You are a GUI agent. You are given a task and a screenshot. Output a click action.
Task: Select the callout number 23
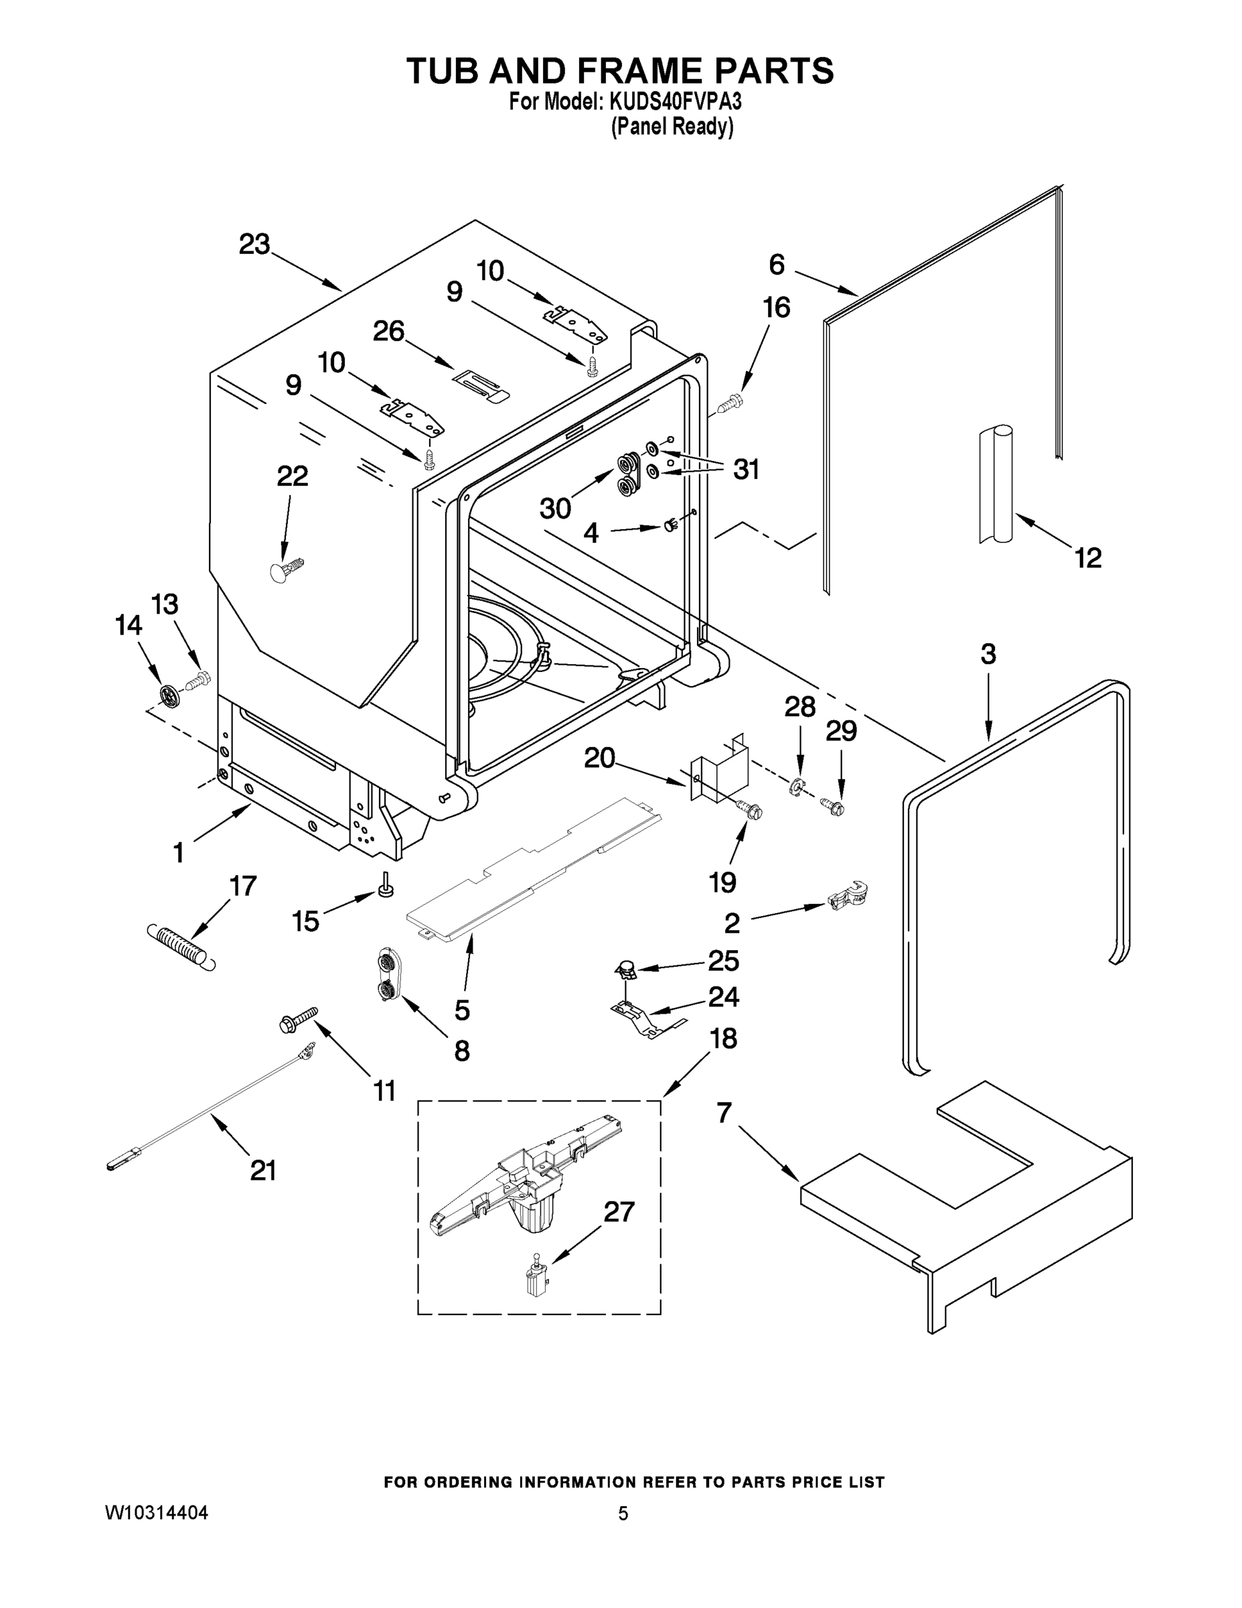254,245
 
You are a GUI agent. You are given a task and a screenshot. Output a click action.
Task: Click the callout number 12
1087,557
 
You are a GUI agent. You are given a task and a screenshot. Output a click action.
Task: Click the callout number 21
262,1170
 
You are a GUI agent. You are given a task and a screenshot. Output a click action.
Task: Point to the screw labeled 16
730,402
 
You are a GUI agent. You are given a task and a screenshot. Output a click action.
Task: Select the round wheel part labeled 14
169,694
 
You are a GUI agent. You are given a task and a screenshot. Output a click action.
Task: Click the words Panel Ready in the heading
672,127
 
